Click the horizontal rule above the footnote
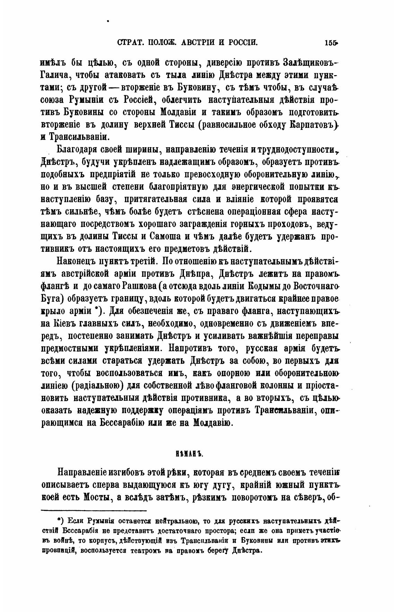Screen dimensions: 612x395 pos(94,510)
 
